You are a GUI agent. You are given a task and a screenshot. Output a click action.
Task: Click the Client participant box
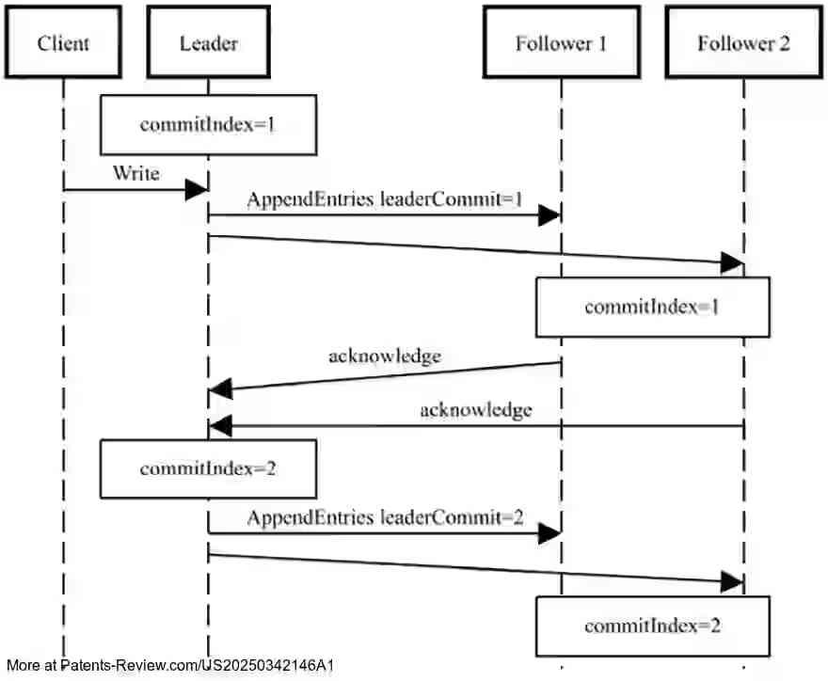pyautogui.click(x=64, y=43)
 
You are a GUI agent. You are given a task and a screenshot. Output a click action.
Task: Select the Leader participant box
pyautogui.click(x=208, y=43)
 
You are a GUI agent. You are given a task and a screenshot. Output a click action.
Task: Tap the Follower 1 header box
pyautogui.click(x=561, y=43)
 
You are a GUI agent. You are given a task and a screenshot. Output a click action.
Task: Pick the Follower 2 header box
pyautogui.click(x=743, y=43)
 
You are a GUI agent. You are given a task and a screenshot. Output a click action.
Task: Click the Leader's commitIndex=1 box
pyautogui.click(x=208, y=124)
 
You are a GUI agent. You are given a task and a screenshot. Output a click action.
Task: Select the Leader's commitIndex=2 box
pyautogui.click(x=208, y=467)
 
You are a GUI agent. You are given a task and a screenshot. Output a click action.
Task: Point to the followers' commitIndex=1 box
pyautogui.click(x=653, y=307)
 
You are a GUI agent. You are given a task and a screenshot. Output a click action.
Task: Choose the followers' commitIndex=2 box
pyautogui.click(x=653, y=626)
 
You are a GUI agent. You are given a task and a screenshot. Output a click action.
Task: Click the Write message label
pyautogui.click(x=135, y=173)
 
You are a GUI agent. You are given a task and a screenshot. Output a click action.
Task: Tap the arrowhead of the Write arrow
pyautogui.click(x=197, y=190)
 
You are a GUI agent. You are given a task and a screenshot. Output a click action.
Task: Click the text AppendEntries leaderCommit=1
pyautogui.click(x=385, y=199)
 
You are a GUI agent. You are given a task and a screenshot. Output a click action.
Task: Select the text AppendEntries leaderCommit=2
pyautogui.click(x=385, y=517)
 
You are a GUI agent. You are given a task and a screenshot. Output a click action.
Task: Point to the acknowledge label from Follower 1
pyautogui.click(x=385, y=356)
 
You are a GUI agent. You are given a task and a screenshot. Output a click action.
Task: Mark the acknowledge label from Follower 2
pyautogui.click(x=476, y=409)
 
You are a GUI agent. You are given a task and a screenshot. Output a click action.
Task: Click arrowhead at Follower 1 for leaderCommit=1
pyautogui.click(x=549, y=215)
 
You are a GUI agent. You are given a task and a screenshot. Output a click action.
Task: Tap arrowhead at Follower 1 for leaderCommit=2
pyautogui.click(x=549, y=534)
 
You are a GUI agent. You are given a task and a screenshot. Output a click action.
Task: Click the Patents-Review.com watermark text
pyautogui.click(x=169, y=666)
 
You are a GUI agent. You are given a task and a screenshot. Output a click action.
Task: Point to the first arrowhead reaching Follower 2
pyautogui.click(x=732, y=263)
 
